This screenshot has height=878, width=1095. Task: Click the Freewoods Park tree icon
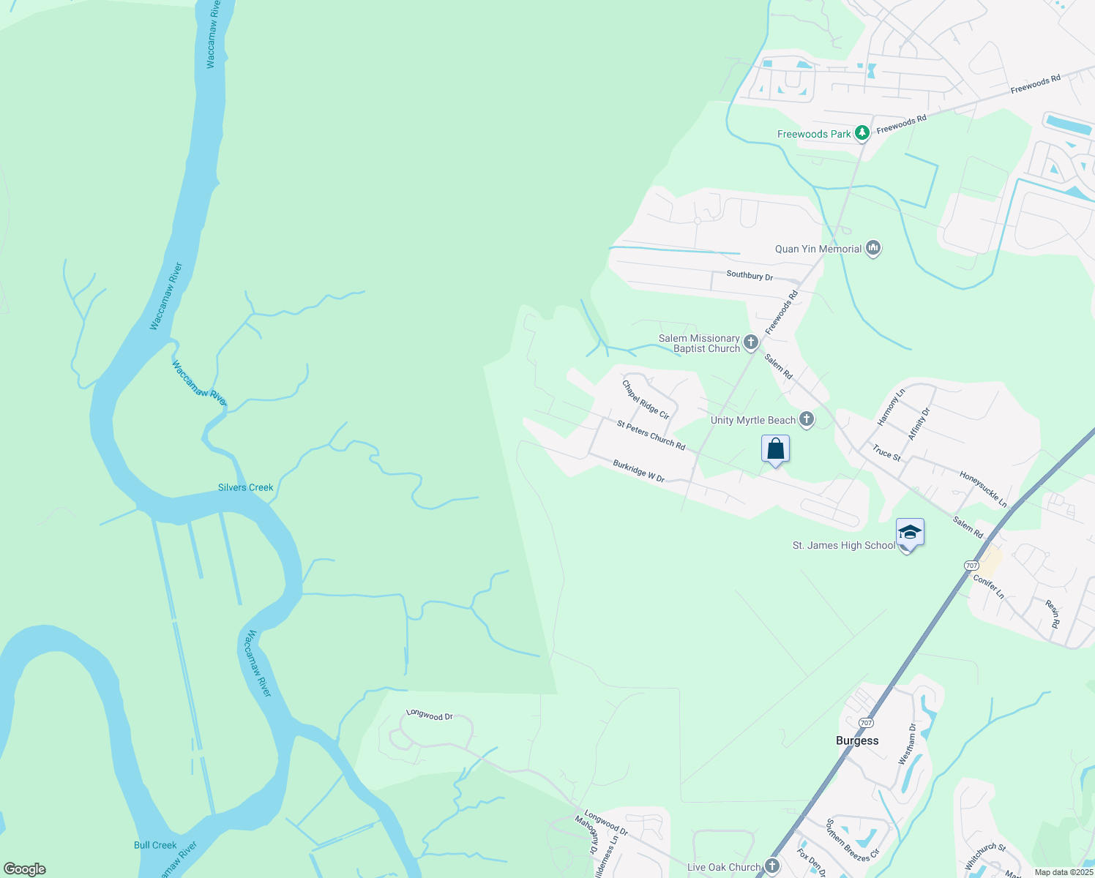pyautogui.click(x=862, y=132)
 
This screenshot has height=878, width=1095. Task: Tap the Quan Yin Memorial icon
pyautogui.click(x=872, y=249)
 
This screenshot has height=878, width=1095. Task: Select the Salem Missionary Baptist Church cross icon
pyautogui.click(x=750, y=342)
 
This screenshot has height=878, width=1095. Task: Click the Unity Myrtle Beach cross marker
pyautogui.click(x=806, y=419)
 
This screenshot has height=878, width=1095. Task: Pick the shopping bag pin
pyautogui.click(x=775, y=449)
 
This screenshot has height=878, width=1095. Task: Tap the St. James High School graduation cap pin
pyautogui.click(x=909, y=533)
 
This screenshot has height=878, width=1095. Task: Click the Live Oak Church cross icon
pyautogui.click(x=771, y=866)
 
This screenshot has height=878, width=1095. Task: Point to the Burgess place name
pyautogui.click(x=857, y=740)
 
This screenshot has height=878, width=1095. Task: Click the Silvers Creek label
pyautogui.click(x=245, y=487)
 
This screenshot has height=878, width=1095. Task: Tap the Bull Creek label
pyautogui.click(x=155, y=845)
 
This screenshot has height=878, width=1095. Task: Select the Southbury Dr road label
pyautogui.click(x=750, y=276)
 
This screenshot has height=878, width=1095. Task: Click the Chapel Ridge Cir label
pyautogui.click(x=646, y=399)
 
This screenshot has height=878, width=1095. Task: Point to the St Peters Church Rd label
pyautogui.click(x=651, y=435)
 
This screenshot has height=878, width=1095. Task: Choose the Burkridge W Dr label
pyautogui.click(x=638, y=471)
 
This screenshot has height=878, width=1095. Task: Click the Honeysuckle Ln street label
pyautogui.click(x=983, y=489)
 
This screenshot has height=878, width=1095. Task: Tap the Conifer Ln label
pyautogui.click(x=989, y=587)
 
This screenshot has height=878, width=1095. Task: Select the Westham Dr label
pyautogui.click(x=907, y=744)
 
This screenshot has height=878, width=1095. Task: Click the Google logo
pyautogui.click(x=25, y=869)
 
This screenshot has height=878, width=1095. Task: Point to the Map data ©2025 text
pyautogui.click(x=1064, y=872)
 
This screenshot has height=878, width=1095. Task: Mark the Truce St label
pyautogui.click(x=886, y=454)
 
